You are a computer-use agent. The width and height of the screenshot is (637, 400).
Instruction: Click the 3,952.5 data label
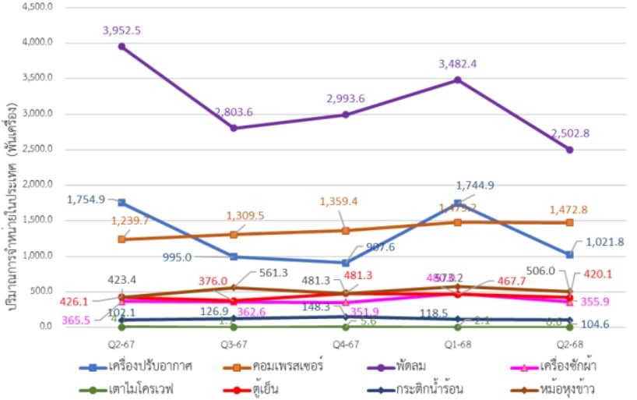click(x=122, y=30)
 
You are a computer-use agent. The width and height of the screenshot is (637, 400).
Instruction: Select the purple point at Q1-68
click(x=458, y=80)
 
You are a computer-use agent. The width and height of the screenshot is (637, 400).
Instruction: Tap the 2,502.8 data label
click(x=571, y=133)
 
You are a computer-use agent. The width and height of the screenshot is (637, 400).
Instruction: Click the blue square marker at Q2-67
click(x=122, y=203)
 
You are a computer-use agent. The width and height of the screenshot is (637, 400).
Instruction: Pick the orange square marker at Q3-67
click(x=234, y=234)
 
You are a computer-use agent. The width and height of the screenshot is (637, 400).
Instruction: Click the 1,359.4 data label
click(x=346, y=201)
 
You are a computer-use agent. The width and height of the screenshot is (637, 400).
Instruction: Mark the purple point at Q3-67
click(x=234, y=128)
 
